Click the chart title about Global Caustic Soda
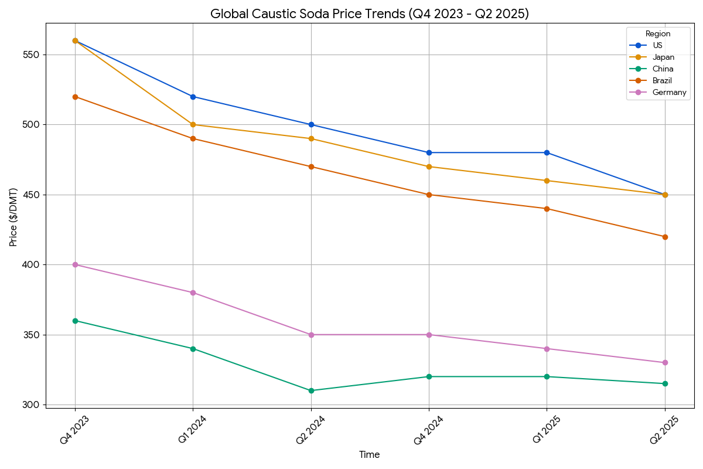370,14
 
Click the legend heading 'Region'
658,34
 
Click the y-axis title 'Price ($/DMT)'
13,217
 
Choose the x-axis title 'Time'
370,455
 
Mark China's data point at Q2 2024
311,390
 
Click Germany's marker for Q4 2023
75,265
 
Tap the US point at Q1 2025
547,152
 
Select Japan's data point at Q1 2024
193,125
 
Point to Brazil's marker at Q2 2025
665,237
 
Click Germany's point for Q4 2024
429,335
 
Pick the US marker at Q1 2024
193,97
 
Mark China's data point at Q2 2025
665,383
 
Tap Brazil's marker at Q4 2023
75,97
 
